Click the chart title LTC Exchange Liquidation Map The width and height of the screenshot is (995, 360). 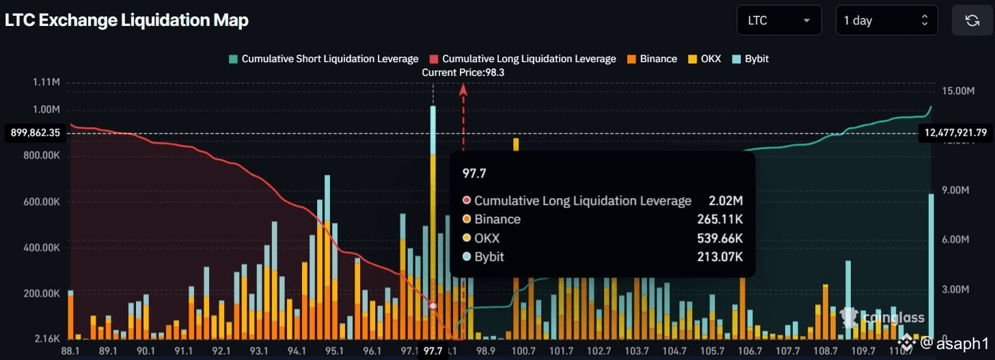(126, 20)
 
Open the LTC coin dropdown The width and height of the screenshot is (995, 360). (778, 20)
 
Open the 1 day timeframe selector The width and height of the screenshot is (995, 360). (886, 20)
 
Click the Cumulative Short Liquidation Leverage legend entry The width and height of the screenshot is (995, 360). (324, 59)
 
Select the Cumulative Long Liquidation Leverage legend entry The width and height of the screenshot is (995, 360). (523, 59)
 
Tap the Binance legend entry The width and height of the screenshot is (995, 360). (653, 59)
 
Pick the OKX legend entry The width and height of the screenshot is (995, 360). (705, 59)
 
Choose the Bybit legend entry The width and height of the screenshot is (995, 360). (750, 59)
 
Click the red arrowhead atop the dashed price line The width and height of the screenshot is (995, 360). (463, 88)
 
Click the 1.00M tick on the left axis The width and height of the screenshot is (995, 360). (46, 109)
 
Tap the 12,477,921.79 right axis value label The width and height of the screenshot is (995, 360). (955, 133)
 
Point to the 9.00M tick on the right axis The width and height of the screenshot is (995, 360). (955, 191)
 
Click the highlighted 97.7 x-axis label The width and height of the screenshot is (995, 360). (433, 351)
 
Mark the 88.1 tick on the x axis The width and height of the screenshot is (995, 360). (71, 351)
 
